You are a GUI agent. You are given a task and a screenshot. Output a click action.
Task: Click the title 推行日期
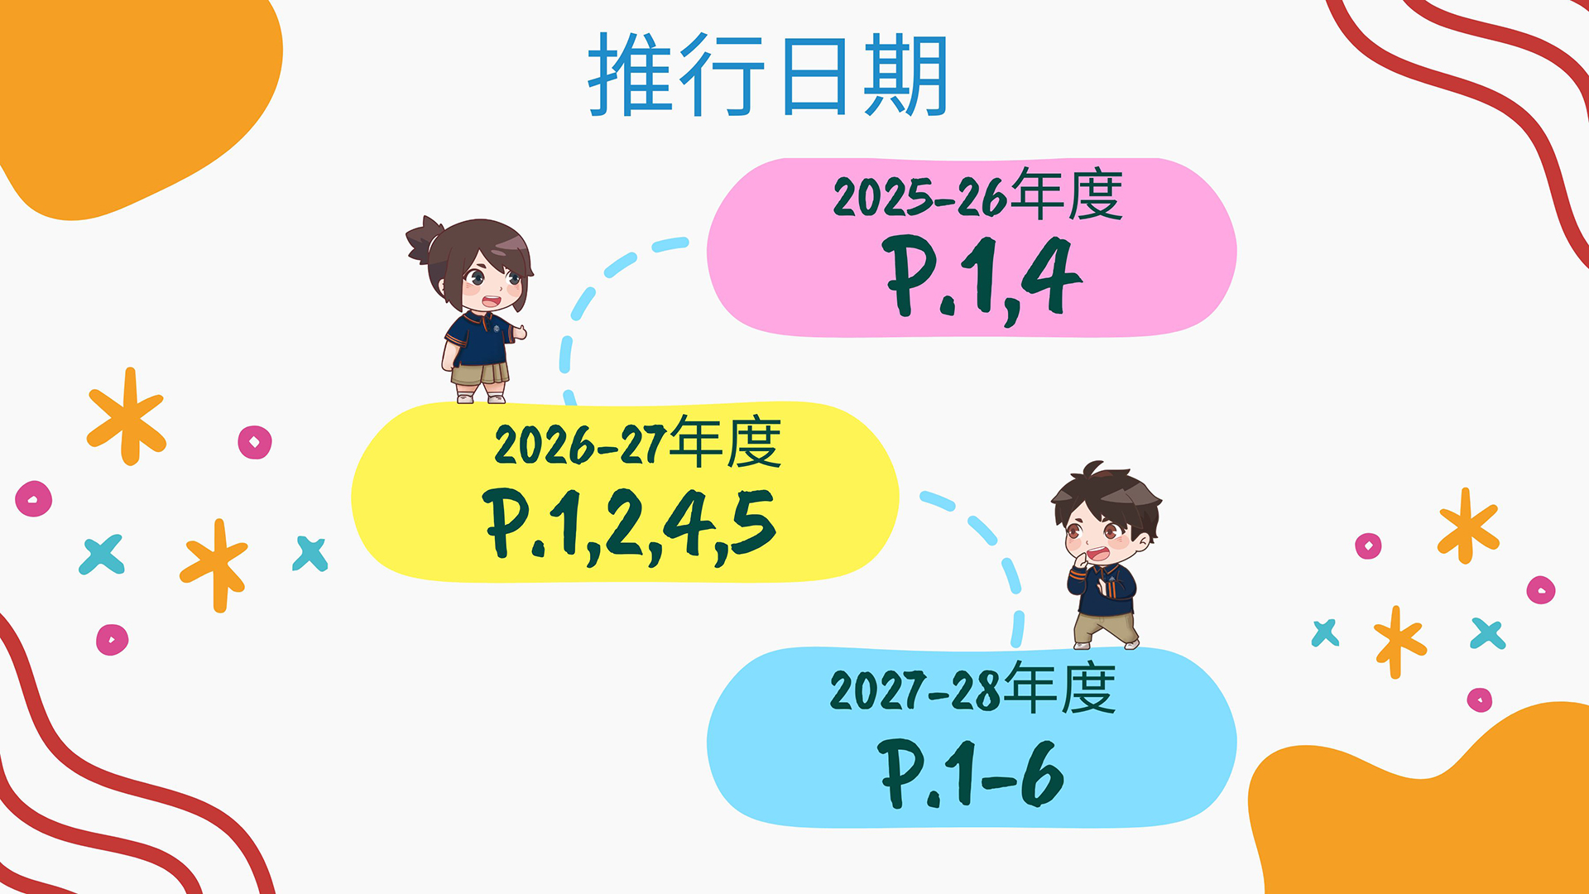pyautogui.click(x=768, y=74)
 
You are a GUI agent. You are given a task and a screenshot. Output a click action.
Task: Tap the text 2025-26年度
pyautogui.click(x=977, y=195)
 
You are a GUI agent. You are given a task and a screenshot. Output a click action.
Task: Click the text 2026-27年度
pyautogui.click(x=637, y=443)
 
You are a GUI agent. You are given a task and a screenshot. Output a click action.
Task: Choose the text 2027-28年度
pyautogui.click(x=973, y=689)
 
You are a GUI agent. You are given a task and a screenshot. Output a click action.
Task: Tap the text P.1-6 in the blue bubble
pyautogui.click(x=971, y=774)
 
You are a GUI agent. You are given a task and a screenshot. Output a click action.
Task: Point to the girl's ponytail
pyautogui.click(x=425, y=238)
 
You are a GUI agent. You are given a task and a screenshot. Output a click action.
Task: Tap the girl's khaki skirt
pyautogui.click(x=480, y=372)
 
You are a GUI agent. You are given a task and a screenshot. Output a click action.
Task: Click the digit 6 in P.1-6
pyautogui.click(x=1042, y=772)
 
